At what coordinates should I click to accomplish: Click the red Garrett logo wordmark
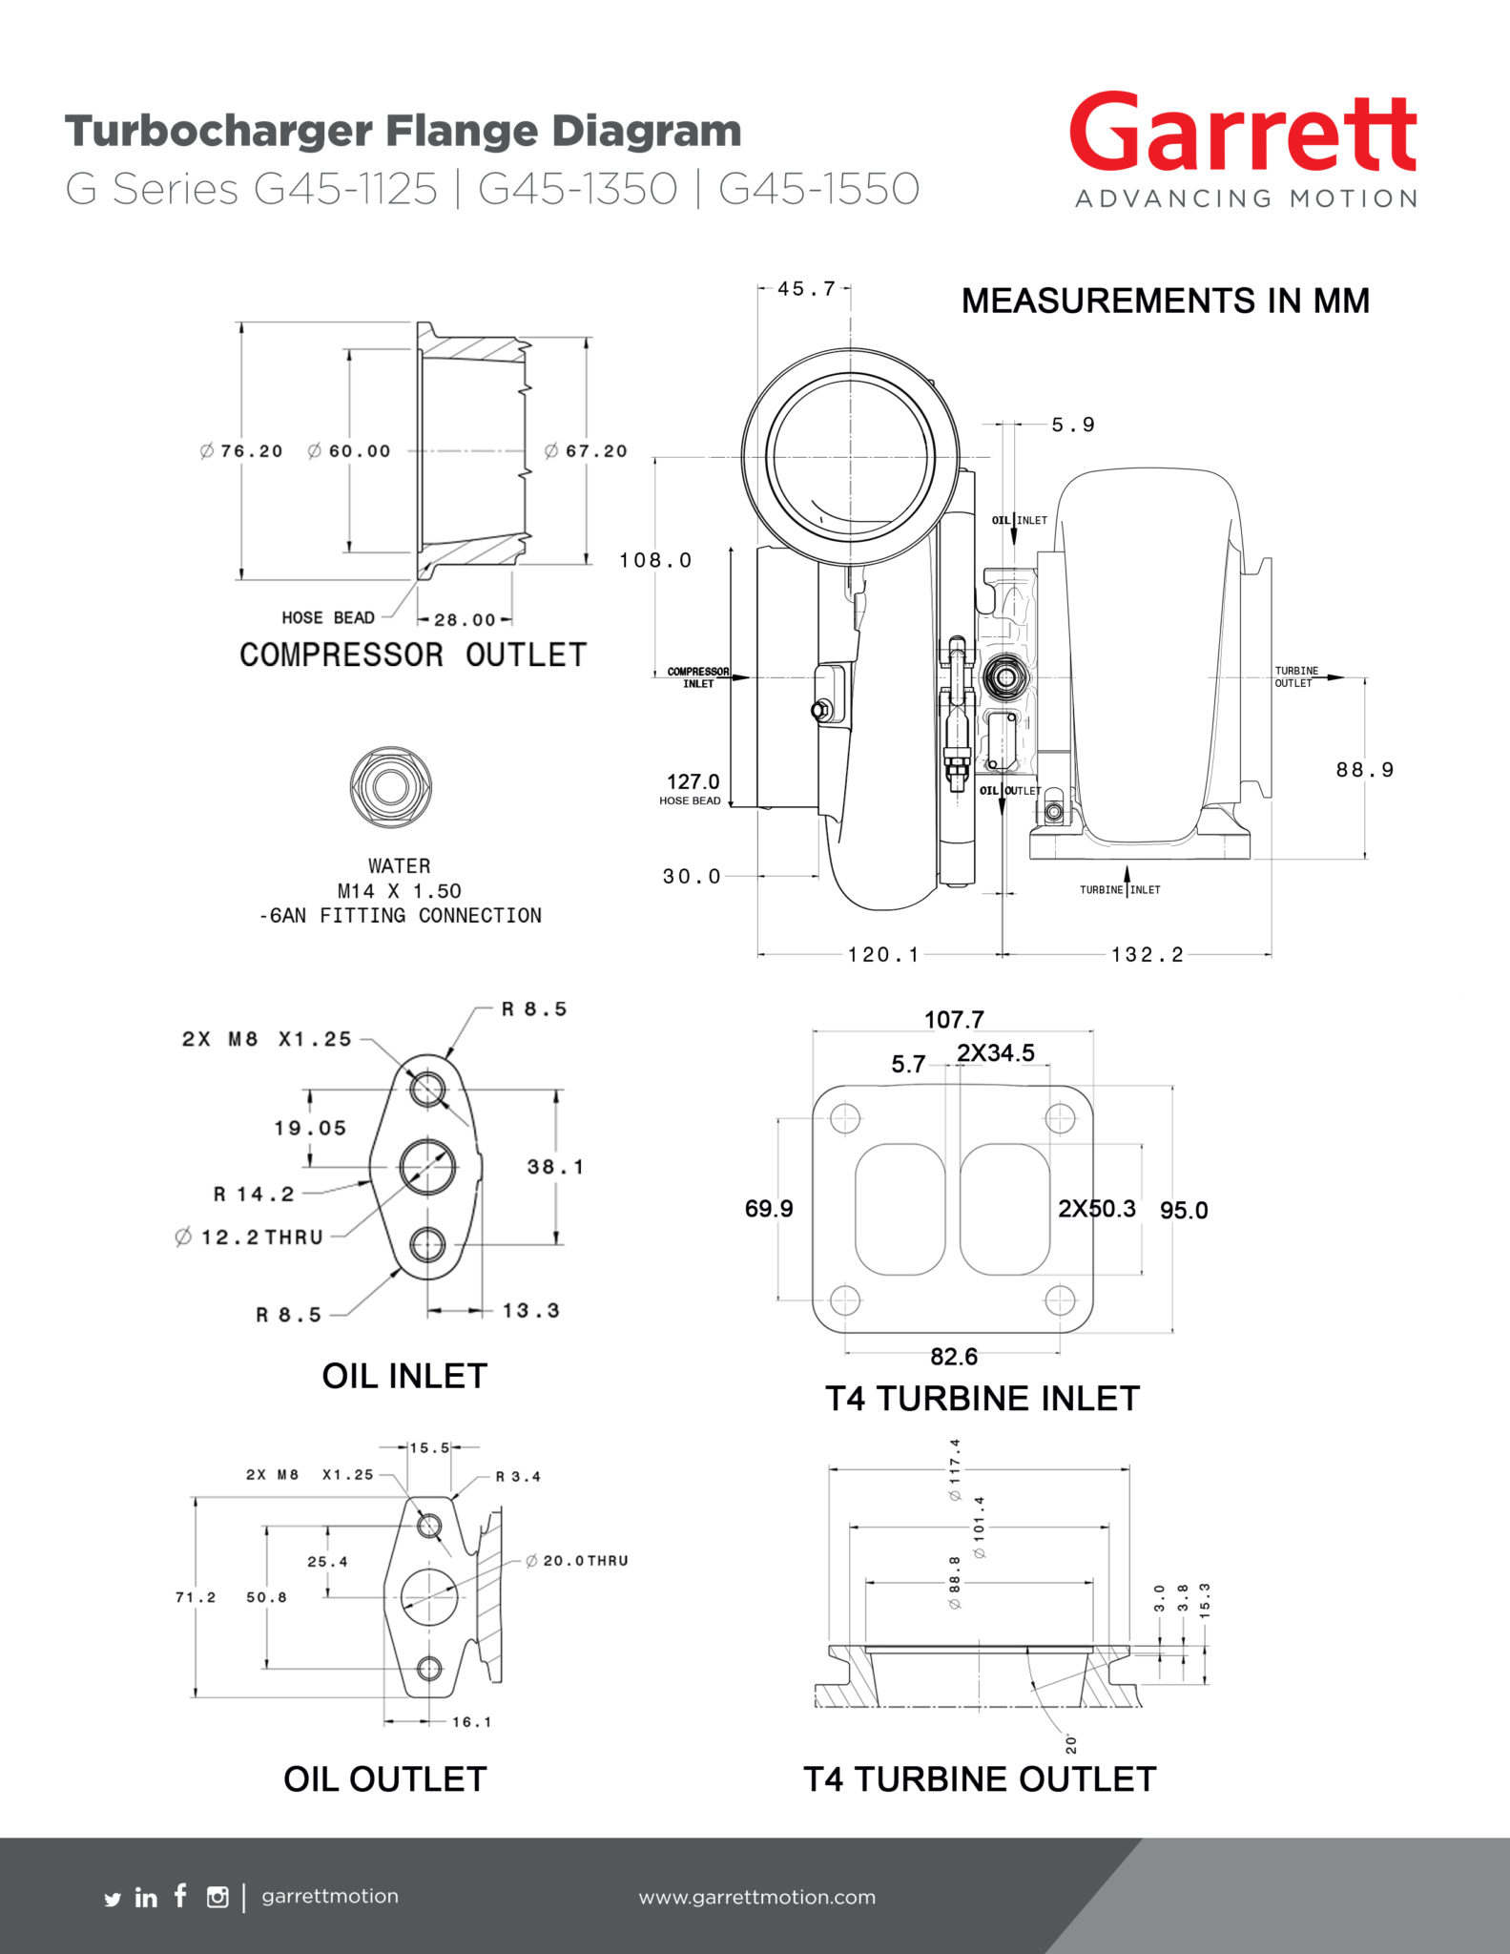1243,134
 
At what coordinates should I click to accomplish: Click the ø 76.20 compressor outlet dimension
241,451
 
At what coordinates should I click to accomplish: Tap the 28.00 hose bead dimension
465,620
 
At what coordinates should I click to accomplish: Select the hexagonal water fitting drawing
390,787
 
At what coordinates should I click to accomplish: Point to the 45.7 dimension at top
805,288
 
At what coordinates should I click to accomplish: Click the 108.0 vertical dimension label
655,560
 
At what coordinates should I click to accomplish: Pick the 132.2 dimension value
1147,955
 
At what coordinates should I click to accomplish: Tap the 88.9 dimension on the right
1364,770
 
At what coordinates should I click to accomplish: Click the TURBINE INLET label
1120,890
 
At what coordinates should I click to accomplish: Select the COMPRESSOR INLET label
698,677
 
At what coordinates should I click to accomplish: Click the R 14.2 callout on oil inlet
254,1195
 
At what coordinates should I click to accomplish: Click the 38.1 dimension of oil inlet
555,1167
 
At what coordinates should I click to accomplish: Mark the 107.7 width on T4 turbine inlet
953,1020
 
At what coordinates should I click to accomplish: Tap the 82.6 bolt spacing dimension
953,1357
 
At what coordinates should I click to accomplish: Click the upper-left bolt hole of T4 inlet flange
845,1118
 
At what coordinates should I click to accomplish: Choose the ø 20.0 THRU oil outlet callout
576,1561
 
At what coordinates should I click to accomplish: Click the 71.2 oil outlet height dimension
196,1597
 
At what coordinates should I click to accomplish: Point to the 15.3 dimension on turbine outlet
1205,1600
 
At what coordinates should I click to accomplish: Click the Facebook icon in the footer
180,1896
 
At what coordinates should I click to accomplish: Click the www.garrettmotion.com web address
756,1897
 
